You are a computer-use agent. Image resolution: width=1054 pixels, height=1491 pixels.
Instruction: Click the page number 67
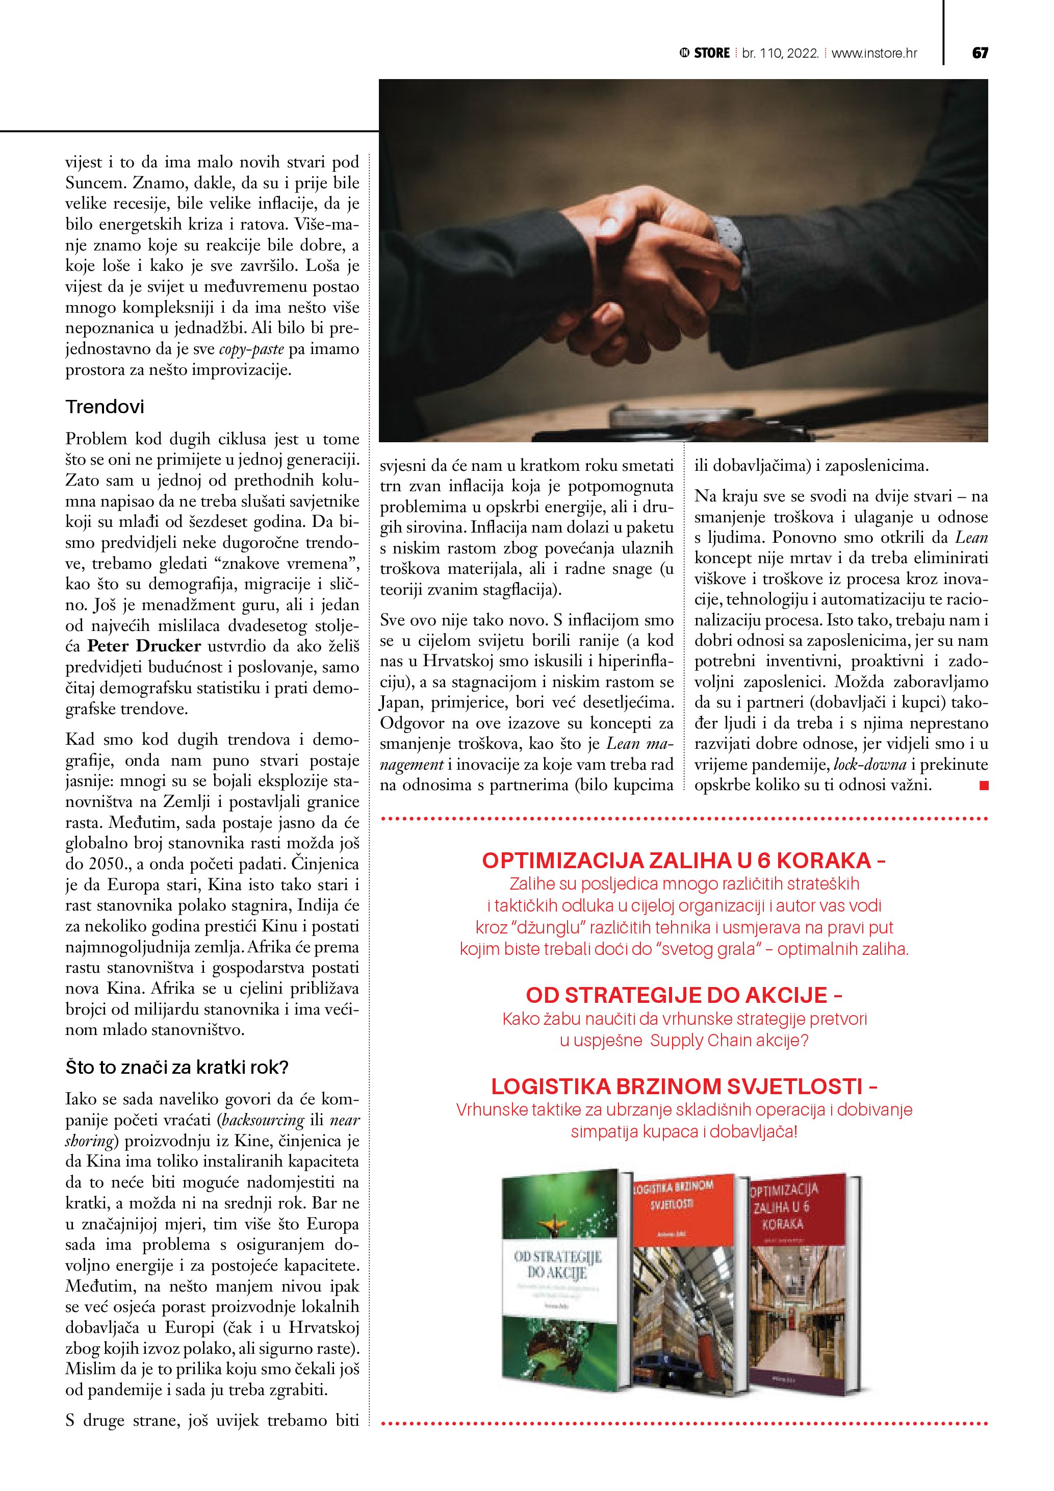click(980, 53)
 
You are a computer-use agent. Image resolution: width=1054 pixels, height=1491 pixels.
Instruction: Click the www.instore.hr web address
click(873, 53)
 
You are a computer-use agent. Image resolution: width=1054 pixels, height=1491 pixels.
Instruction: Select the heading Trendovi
click(105, 407)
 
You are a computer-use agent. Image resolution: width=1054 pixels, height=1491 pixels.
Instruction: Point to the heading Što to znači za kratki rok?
click(176, 1067)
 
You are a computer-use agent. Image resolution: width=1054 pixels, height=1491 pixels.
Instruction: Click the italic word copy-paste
click(251, 349)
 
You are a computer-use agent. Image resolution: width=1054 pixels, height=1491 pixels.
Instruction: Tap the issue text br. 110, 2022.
click(780, 53)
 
